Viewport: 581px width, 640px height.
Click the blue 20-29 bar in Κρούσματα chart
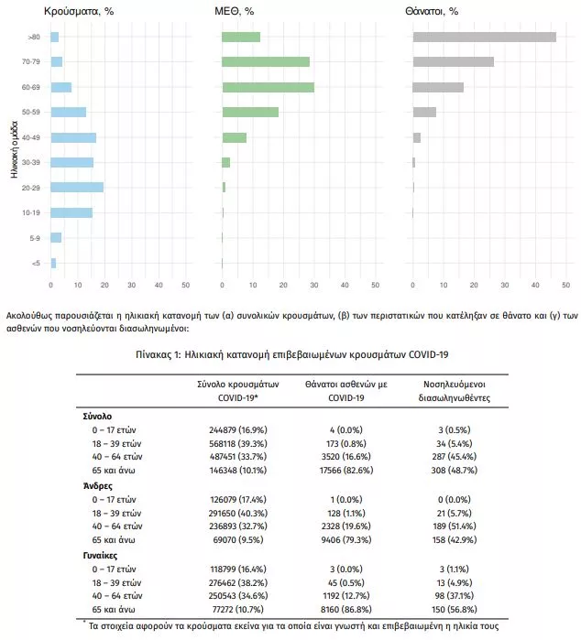76,188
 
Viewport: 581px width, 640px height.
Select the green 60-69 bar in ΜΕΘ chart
268,87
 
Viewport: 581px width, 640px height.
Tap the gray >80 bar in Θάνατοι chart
484,37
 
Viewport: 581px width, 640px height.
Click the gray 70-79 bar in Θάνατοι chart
453,61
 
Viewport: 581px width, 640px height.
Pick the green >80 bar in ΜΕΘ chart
241,37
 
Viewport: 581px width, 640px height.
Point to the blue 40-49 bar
72,137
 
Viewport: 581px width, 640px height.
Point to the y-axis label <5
35,264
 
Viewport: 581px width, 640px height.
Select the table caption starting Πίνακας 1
291,353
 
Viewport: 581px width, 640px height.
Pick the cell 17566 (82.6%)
334,471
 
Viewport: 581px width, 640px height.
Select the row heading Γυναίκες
102,555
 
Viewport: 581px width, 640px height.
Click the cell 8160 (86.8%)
334,609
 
